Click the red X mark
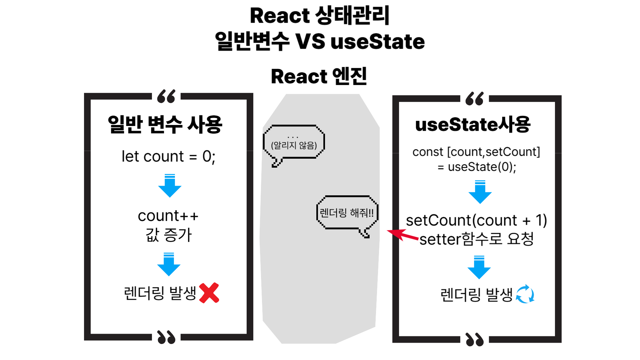[x=209, y=293]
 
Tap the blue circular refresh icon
[x=525, y=294]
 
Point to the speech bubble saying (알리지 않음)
[x=294, y=143]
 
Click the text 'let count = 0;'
[x=168, y=156]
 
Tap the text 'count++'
[x=168, y=216]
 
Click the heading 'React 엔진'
[x=319, y=76]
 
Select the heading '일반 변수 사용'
[x=165, y=124]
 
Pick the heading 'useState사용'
[x=473, y=124]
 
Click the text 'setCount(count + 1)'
[x=476, y=220]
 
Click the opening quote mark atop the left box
[x=166, y=96]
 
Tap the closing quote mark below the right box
[x=475, y=339]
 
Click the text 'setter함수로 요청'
[x=476, y=239]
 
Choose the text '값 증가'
[x=169, y=235]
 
